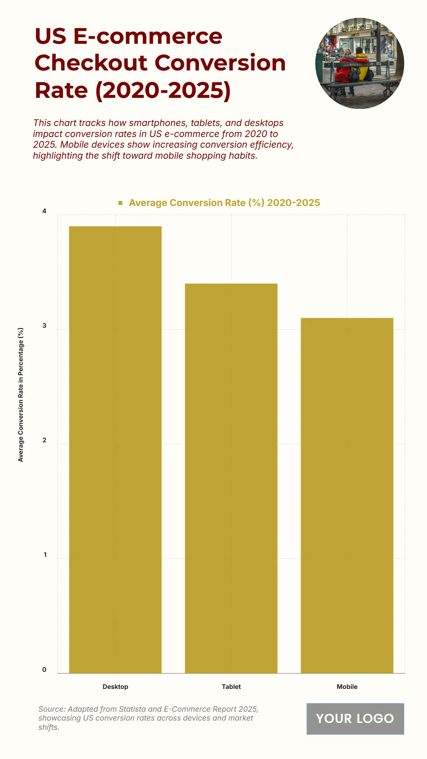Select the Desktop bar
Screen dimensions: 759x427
coord(115,449)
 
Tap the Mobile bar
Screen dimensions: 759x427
coord(347,495)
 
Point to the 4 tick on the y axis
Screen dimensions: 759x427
coord(44,211)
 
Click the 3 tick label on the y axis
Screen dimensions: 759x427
coord(44,326)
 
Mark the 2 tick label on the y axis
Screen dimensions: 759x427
coord(44,440)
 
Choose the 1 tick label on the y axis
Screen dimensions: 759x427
coord(45,555)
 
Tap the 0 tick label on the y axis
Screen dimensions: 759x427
coord(44,669)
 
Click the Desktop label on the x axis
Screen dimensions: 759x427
coord(115,687)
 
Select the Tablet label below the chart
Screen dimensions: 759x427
coord(231,687)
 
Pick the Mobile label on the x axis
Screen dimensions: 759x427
coord(347,687)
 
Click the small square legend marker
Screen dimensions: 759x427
coord(121,203)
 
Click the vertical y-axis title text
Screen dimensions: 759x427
coord(21,395)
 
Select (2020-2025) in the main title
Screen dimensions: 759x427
coord(163,90)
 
